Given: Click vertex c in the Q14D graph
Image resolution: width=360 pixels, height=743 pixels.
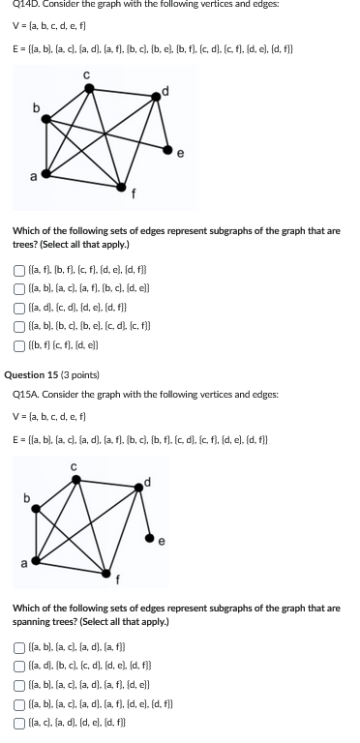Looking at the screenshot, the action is (88, 88).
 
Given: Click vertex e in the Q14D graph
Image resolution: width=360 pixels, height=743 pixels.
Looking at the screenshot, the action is (168, 151).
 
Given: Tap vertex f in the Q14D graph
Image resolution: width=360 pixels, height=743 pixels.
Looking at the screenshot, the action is (122, 186).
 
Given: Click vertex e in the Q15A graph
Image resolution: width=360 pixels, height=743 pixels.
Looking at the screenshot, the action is (148, 534).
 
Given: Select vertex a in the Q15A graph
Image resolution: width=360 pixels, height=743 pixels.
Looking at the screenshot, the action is (37, 560).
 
